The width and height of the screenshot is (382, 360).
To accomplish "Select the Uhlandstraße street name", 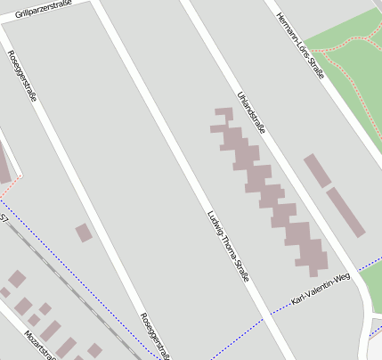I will tap(251, 111).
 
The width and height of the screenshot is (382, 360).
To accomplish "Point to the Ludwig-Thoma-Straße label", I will tap(228, 246).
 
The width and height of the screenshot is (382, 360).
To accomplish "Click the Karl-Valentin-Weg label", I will tap(321, 290).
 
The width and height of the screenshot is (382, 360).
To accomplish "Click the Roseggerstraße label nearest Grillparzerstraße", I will tap(22, 75).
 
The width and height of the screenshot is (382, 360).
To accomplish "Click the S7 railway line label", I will tap(4, 217).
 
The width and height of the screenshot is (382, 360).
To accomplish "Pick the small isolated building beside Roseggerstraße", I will tap(84, 233).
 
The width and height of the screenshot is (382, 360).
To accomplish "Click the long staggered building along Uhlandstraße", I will tap(267, 187).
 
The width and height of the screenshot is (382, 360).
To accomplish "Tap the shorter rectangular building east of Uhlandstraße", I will tap(317, 170).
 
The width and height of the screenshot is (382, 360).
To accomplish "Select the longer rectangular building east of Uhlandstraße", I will tap(345, 211).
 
